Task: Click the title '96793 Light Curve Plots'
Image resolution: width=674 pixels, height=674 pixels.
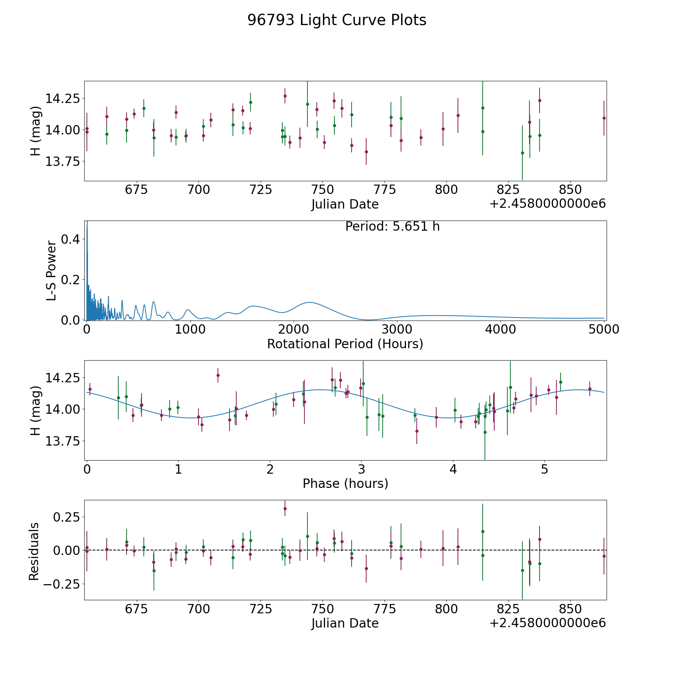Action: pyautogui.click(x=337, y=20)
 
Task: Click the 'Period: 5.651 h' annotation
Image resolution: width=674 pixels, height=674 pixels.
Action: pyautogui.click(x=392, y=227)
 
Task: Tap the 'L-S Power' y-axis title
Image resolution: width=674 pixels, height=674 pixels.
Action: pyautogui.click(x=52, y=270)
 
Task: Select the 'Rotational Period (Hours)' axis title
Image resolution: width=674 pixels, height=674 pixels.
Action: pyautogui.click(x=345, y=344)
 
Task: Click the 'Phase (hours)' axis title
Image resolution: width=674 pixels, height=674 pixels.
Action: pyautogui.click(x=345, y=483)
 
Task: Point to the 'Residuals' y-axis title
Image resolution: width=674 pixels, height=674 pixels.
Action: pyautogui.click(x=34, y=551)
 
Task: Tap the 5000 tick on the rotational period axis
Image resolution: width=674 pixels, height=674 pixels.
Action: pyautogui.click(x=604, y=329)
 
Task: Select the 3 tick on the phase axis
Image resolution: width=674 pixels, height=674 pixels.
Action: pyautogui.click(x=361, y=469)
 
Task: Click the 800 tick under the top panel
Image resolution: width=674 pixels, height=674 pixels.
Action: pyautogui.click(x=446, y=189)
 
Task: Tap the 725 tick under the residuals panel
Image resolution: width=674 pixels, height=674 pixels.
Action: pyautogui.click(x=260, y=609)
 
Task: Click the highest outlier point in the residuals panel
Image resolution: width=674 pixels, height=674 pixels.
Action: pyautogui.click(x=285, y=508)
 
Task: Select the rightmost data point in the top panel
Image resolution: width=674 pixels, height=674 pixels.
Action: pyautogui.click(x=604, y=118)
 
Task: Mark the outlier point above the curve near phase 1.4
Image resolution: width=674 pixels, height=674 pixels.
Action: pyautogui.click(x=218, y=375)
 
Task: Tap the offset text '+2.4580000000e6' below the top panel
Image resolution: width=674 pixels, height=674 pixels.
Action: pyautogui.click(x=547, y=204)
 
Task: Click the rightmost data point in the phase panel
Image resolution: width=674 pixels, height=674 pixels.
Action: pyautogui.click(x=590, y=389)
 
